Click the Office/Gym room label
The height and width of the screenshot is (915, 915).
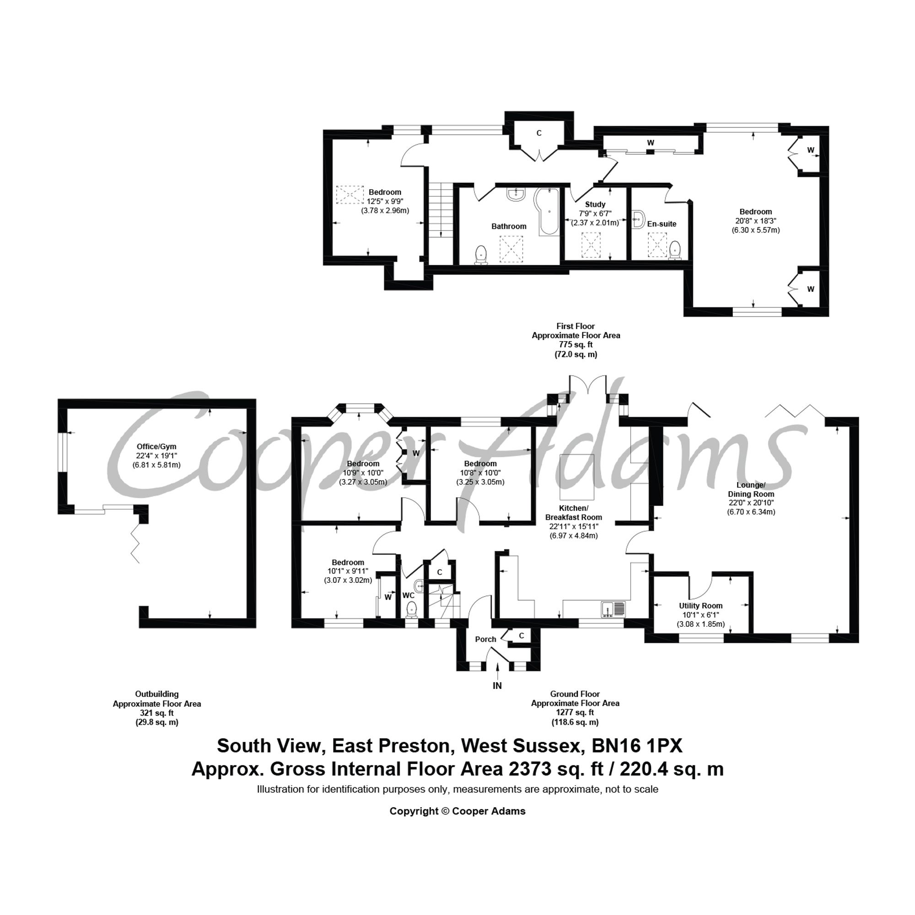156,446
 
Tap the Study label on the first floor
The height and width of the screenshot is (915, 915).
595,204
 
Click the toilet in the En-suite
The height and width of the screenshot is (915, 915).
675,250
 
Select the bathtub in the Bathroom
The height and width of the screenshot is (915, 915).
549,212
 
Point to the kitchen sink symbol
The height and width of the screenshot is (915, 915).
614,608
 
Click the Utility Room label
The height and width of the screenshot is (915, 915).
700,605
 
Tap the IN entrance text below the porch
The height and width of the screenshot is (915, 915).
497,685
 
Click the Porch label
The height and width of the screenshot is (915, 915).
485,639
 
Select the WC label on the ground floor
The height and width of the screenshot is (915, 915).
408,595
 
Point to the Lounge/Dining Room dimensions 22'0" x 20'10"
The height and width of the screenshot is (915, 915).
751,503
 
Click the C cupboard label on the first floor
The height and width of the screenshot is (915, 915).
538,133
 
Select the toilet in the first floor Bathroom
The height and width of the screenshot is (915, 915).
482,254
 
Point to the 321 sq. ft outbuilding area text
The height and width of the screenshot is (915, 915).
156,713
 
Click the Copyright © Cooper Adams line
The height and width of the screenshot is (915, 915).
457,811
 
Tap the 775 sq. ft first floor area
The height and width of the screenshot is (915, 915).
576,344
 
